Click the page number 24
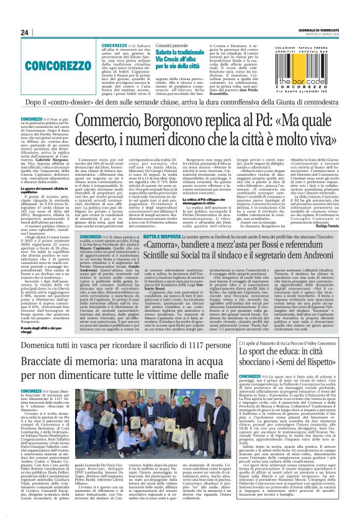[x=25, y=32]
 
